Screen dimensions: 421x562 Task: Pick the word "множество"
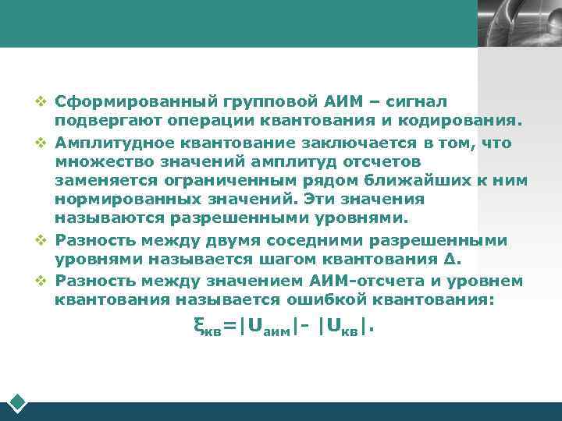coord(91,161)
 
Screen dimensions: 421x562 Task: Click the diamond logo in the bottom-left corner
coord(17,403)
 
